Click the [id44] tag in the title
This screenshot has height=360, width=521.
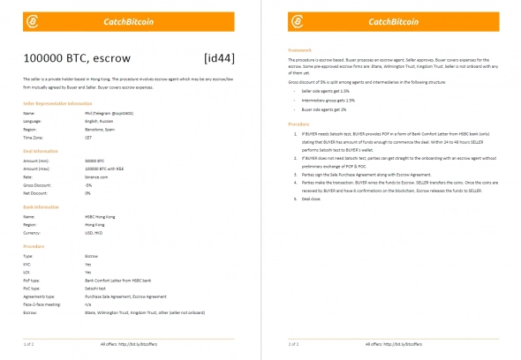[x=220, y=58]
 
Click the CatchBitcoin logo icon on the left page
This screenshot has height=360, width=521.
[x=32, y=21]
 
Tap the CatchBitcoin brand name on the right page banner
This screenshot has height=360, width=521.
[x=394, y=21]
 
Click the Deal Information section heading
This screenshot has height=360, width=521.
[x=40, y=152]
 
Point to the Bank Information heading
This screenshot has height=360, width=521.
[x=41, y=206]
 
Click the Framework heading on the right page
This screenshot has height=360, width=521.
[x=303, y=50]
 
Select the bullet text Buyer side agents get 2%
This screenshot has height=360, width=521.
[x=328, y=108]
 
